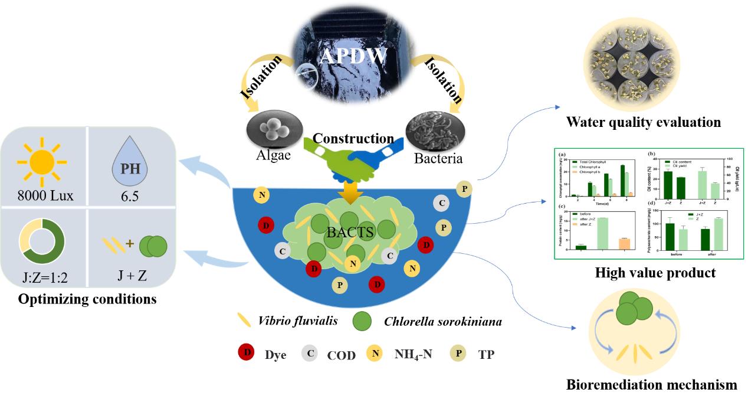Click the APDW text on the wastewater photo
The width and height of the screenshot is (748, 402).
[x=353, y=55]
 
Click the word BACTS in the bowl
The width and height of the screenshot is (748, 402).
[x=350, y=232]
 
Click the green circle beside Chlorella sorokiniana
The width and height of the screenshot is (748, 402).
[x=362, y=322]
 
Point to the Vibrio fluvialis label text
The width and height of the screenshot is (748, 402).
[x=298, y=322]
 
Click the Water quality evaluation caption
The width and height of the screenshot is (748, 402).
[x=643, y=123]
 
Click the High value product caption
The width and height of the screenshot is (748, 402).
[x=655, y=273]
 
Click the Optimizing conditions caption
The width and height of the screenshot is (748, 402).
[x=87, y=299]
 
